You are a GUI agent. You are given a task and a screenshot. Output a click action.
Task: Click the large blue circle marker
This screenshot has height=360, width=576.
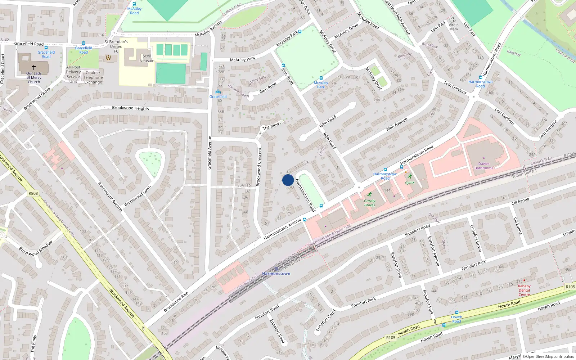click(288, 180)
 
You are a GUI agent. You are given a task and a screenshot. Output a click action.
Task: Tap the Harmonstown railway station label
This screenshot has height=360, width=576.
click(276, 274)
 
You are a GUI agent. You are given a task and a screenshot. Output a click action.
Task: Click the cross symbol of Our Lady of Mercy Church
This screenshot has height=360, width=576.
click(34, 67)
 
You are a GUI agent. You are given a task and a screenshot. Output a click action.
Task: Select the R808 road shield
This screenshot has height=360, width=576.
click(33, 193)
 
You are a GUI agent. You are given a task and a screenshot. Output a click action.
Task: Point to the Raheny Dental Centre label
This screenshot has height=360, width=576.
click(524, 290)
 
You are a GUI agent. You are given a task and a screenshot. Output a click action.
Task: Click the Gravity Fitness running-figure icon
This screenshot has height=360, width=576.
click(369, 195)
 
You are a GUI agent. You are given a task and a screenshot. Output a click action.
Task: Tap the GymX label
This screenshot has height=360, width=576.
click(410, 183)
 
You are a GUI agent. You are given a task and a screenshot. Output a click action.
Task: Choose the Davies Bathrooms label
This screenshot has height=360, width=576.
click(484, 166)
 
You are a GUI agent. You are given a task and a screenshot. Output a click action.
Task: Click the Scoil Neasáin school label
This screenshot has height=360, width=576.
click(147, 58)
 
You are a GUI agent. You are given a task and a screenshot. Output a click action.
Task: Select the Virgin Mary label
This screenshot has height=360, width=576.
click(454, 27)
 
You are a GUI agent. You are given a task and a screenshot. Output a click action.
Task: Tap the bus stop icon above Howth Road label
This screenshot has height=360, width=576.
click(456, 312)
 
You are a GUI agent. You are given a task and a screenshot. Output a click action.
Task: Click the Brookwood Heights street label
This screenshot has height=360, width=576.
click(130, 108)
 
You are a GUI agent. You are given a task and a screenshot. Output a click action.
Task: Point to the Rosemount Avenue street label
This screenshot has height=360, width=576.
click(110, 196)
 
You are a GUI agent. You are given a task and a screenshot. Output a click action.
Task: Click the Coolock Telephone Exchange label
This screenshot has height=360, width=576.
click(93, 77)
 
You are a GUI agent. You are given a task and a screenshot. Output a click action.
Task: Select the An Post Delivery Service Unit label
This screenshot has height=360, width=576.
click(73, 74)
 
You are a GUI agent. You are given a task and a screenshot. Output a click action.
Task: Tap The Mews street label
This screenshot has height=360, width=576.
click(271, 125)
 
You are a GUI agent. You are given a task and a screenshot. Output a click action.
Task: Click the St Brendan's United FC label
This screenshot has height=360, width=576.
click(116, 46)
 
